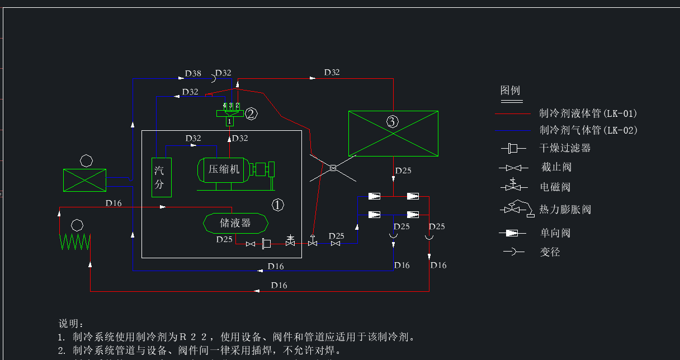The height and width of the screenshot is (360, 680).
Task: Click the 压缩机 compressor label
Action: pyautogui.click(x=224, y=169)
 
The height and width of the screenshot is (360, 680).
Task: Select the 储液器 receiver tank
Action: pyautogui.click(x=235, y=223)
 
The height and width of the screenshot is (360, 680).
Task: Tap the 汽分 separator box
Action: pyautogui.click(x=161, y=177)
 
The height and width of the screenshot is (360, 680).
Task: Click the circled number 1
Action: pyautogui.click(x=278, y=205)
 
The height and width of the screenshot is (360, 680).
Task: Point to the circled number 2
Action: pyautogui.click(x=251, y=114)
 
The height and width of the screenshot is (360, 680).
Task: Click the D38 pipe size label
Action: pyautogui.click(x=193, y=73)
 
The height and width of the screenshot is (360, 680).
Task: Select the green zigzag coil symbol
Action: pyautogui.click(x=75, y=242)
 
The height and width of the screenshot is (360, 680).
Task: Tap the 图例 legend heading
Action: pyautogui.click(x=510, y=91)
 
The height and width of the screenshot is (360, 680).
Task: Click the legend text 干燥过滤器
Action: pyautogui.click(x=565, y=148)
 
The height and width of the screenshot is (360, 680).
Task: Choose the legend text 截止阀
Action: pyautogui.click(x=556, y=167)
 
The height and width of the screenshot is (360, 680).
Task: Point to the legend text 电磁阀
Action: pyautogui.click(x=555, y=187)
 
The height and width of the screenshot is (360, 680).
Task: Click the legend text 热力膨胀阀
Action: pyautogui.click(x=565, y=210)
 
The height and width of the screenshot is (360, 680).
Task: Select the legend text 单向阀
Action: pyautogui.click(x=555, y=233)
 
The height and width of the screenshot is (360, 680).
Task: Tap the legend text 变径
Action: pyautogui.click(x=550, y=252)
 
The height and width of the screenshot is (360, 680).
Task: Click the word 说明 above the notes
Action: pyautogui.click(x=71, y=324)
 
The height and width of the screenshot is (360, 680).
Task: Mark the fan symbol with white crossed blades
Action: pyautogui.click(x=333, y=168)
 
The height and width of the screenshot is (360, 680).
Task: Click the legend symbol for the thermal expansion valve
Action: pyautogui.click(x=515, y=208)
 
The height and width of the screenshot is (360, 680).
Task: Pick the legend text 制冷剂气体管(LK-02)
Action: pyautogui.click(x=588, y=130)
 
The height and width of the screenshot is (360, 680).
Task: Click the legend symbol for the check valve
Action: pyautogui.click(x=512, y=233)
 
